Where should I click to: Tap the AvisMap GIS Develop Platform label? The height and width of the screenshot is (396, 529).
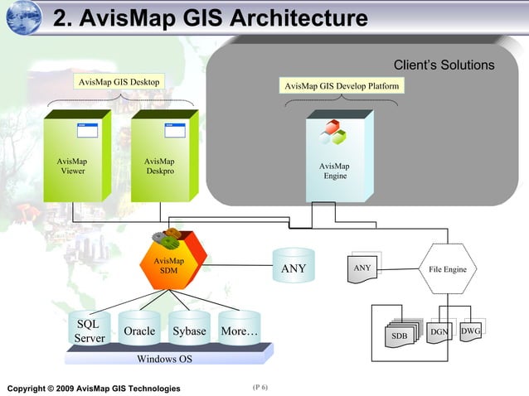point(341,86)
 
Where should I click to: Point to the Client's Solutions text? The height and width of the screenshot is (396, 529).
point(443,65)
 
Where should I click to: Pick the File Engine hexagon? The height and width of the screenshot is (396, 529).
point(447,269)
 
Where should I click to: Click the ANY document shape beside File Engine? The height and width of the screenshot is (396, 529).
point(363,271)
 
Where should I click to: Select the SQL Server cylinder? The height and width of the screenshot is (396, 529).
point(90,331)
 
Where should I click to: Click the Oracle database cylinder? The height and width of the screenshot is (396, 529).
point(139,330)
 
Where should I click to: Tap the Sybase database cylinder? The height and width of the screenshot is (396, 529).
point(189,330)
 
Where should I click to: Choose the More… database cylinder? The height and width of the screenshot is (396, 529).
point(239,330)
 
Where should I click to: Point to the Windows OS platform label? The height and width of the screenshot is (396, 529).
point(164,359)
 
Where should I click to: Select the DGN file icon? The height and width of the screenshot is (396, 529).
point(439,333)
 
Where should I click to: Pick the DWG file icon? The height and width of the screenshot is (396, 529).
point(470,331)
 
